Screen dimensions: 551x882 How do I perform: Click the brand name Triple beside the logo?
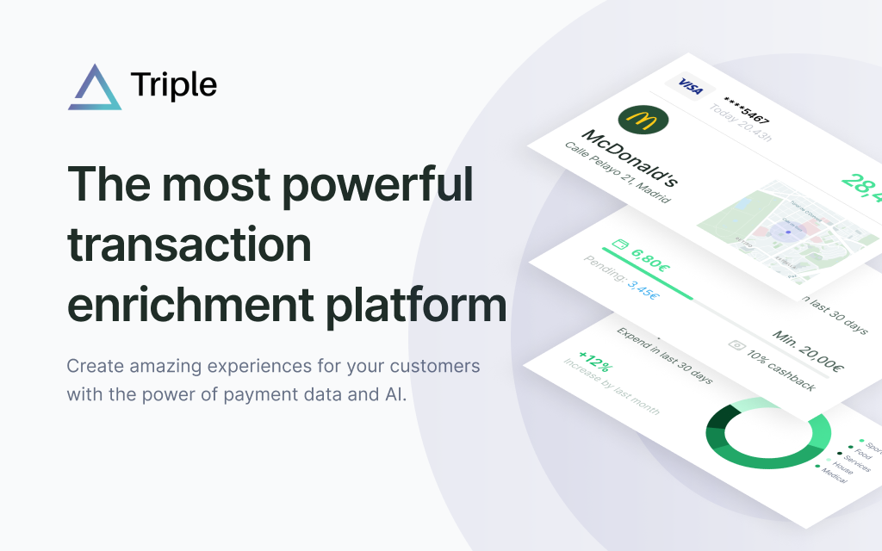(x=174, y=84)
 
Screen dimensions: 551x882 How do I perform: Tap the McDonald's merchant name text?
(x=630, y=157)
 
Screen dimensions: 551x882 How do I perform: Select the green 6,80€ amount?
(x=649, y=257)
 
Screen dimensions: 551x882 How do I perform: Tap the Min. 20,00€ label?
(x=807, y=353)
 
